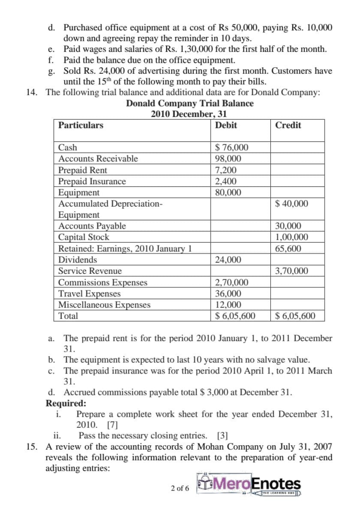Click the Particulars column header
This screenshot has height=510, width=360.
point(81,126)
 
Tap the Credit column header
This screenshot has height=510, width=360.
point(288,126)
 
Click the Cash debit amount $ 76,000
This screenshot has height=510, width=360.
point(231,147)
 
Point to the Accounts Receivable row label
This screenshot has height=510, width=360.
point(98,159)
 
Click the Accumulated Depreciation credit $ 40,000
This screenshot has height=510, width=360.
point(291,204)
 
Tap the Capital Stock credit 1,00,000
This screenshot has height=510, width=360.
point(291,237)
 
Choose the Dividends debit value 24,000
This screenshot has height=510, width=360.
point(228,259)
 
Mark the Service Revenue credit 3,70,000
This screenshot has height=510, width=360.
point(291,271)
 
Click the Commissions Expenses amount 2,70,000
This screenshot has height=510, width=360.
point(231,282)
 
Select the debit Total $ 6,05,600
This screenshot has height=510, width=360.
point(235,316)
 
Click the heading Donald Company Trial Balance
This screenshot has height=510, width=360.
point(190,104)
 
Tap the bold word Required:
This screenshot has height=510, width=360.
point(66,403)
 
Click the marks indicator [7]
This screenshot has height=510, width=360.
point(112,425)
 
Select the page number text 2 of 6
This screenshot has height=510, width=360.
point(179,488)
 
